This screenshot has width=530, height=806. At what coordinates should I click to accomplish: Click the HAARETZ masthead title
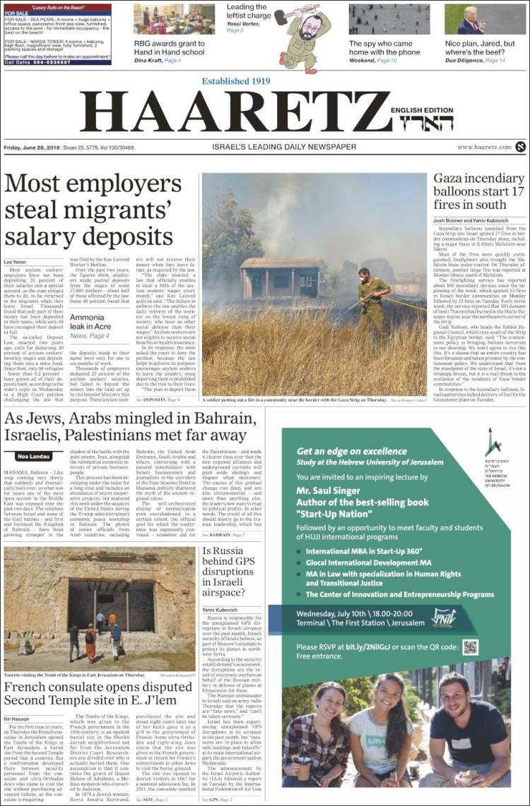point(233,113)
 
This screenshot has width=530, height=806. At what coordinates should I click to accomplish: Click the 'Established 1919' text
point(236,81)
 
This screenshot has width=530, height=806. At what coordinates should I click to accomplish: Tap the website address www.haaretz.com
point(484,147)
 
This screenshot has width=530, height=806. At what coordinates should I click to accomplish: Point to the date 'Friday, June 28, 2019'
point(32,147)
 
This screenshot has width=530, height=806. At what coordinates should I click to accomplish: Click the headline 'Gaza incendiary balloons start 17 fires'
point(478,191)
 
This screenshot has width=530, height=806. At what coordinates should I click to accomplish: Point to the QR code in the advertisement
point(471,646)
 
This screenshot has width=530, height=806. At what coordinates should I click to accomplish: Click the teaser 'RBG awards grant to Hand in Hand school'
point(170,47)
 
